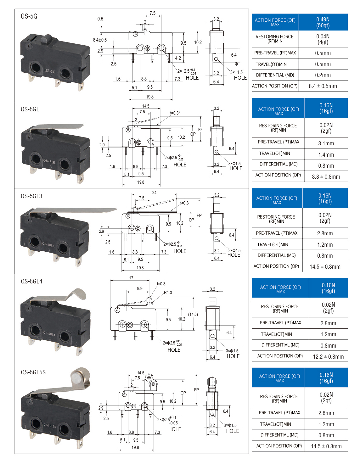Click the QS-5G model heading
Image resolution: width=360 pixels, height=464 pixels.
pyautogui.click(x=29, y=16)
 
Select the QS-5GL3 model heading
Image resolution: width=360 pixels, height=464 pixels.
pyautogui.click(x=31, y=196)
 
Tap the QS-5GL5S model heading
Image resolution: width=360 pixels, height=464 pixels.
pyautogui.click(x=33, y=372)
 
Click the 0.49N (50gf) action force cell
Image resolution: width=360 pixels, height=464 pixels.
pyautogui.click(x=323, y=22)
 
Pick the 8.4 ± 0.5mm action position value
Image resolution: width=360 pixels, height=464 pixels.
pyautogui.click(x=323, y=86)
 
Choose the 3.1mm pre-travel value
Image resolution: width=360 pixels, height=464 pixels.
pyautogui.click(x=326, y=143)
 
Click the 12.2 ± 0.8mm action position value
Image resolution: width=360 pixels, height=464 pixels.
pyautogui.click(x=328, y=357)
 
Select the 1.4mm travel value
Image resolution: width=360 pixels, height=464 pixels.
pyautogui.click(x=326, y=155)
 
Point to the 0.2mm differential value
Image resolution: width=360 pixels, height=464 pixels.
pyautogui.click(x=323, y=75)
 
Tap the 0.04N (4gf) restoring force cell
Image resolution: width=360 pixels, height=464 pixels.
pyautogui.click(x=323, y=39)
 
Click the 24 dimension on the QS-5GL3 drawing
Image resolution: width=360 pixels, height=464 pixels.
pyautogui.click(x=154, y=193)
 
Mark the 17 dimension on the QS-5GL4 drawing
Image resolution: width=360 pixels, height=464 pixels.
pyautogui.click(x=131, y=278)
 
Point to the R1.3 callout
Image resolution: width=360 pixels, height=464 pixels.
pyautogui.click(x=168, y=293)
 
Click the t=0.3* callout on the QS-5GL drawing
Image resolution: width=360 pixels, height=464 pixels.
pyautogui.click(x=175, y=113)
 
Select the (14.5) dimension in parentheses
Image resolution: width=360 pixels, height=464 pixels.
pyautogui.click(x=193, y=314)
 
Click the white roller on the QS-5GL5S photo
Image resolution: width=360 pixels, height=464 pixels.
pyautogui.click(x=77, y=377)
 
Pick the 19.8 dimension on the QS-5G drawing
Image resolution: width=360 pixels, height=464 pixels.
pyautogui.click(x=150, y=97)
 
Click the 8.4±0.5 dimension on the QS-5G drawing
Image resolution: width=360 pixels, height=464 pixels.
pyautogui.click(x=100, y=40)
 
